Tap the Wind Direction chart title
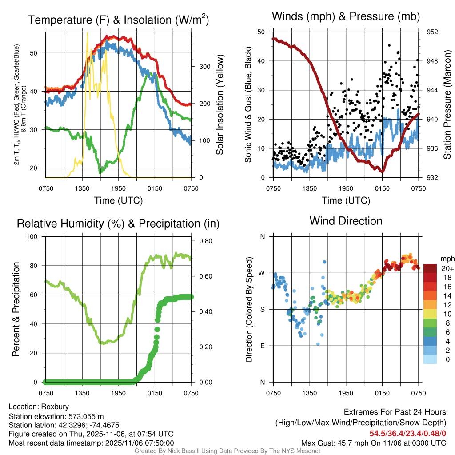[x=346, y=221]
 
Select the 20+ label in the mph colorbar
[x=447, y=268]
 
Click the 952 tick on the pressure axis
[x=433, y=32]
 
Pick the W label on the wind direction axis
[x=262, y=273]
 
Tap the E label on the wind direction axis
[x=262, y=346]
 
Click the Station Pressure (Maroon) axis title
[x=447, y=104]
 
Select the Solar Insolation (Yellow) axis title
[x=220, y=104]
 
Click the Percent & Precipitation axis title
[x=16, y=309]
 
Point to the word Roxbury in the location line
[x=55, y=407]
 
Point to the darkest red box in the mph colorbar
[x=430, y=268]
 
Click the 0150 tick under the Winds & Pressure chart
[x=382, y=188]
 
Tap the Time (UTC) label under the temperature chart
[x=118, y=200]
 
